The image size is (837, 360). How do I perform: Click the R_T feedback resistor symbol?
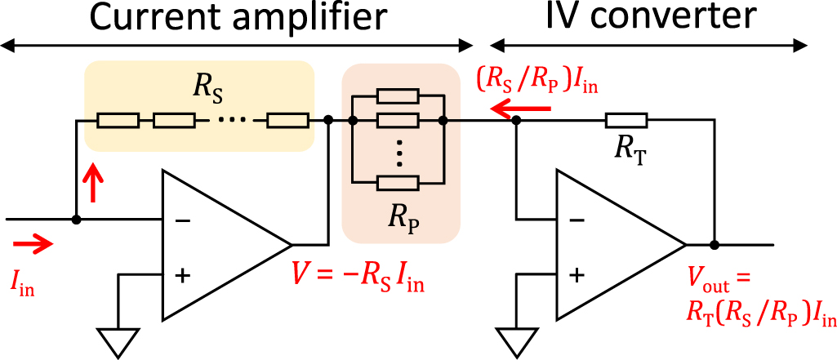[626, 121]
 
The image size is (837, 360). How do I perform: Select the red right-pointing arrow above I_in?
[33, 242]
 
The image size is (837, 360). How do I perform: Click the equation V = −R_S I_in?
[358, 283]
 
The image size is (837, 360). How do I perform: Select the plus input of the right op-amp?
[577, 275]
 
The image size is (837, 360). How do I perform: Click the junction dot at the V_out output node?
[715, 244]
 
